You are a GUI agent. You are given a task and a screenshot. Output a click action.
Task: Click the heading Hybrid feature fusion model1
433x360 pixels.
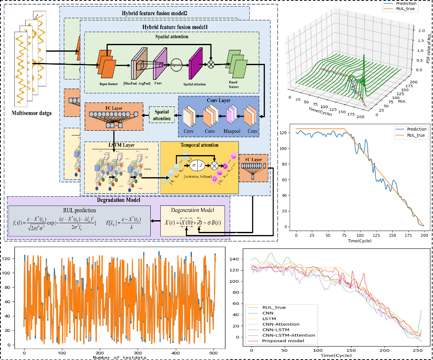(x=175, y=27)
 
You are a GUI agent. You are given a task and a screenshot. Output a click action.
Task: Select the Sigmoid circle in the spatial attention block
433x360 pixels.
(x=176, y=64)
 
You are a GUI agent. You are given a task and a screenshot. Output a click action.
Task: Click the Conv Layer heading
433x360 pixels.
(x=218, y=100)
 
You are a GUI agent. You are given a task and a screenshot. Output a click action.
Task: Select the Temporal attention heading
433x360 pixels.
(x=199, y=145)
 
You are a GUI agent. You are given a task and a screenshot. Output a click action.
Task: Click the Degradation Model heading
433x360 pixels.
(x=118, y=200)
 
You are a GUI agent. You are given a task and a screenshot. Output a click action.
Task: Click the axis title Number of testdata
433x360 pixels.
(x=120, y=357)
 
